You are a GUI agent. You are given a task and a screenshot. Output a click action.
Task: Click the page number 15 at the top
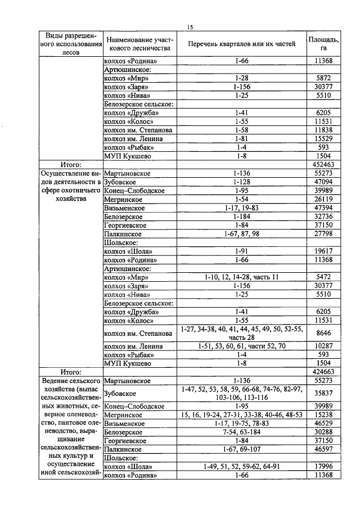[190, 27]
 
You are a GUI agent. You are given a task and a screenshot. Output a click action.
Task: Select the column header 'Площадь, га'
[323, 44]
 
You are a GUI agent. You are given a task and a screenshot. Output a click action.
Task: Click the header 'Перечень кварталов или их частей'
[241, 44]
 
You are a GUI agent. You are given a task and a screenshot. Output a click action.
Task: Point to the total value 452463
[323, 164]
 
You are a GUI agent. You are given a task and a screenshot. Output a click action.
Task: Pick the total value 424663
[323, 372]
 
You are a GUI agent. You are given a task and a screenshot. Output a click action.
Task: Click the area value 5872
[323, 78]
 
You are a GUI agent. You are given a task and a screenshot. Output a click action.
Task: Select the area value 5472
[323, 277]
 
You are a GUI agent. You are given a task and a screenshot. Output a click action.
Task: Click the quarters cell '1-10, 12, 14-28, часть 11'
[241, 277]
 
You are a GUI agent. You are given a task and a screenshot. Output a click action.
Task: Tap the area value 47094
[323, 182]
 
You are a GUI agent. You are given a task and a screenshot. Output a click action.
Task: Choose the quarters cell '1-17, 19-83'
[241, 208]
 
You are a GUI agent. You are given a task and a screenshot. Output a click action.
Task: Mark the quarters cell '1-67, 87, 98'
[241, 234]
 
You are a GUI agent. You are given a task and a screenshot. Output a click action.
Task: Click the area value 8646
[323, 333]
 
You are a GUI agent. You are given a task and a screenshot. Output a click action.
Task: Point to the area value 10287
[323, 346]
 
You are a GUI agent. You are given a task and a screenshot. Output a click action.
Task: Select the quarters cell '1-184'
[241, 217]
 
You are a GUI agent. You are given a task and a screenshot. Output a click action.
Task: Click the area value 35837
[323, 393]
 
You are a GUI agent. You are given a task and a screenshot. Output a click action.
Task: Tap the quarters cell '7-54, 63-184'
[241, 432]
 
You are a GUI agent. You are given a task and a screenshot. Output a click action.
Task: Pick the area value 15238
[323, 415]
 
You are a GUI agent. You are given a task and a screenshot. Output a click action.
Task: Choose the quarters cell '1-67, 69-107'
[241, 449]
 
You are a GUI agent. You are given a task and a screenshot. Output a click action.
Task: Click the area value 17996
[323, 467]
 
